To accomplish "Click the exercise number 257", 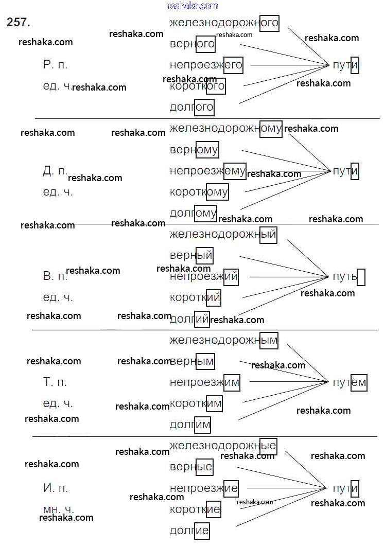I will [x=19, y=22].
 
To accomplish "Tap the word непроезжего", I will [x=205, y=65].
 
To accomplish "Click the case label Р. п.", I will [x=55, y=65].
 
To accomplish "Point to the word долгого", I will [x=191, y=108].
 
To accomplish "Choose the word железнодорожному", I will [x=225, y=129].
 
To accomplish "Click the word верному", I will [x=194, y=150].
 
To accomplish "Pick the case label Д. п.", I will [x=55, y=171].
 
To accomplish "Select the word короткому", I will [x=199, y=192].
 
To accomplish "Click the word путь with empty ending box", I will [x=345, y=276].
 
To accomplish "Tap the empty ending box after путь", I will [x=361, y=277].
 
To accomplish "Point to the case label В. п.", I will [x=55, y=277].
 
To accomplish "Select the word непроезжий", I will [x=204, y=277].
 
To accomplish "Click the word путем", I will [x=349, y=382].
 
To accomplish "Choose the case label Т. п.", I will [x=55, y=382].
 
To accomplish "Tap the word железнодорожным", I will [x=223, y=340].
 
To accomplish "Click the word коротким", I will [x=196, y=403].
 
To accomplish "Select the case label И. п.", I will [x=55, y=488].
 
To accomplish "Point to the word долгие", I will [x=189, y=530].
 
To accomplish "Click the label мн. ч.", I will [x=58, y=509].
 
